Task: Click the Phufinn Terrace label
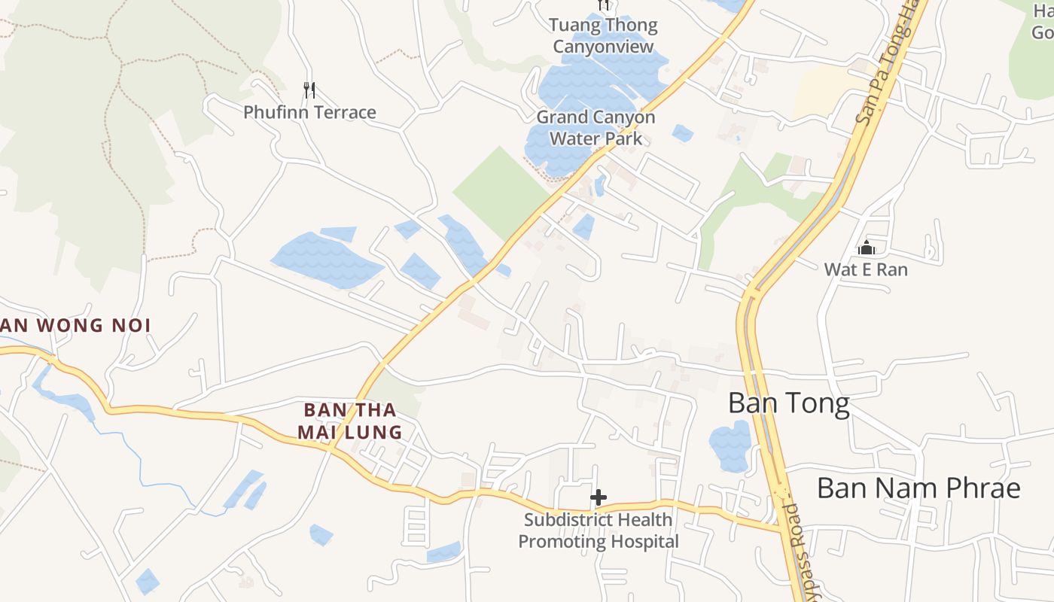click(x=309, y=113)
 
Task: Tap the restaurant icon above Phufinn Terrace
click(x=309, y=90)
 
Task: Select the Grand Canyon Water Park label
click(x=596, y=128)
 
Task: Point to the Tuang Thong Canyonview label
click(x=604, y=35)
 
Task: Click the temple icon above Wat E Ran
click(x=866, y=248)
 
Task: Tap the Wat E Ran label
click(x=866, y=269)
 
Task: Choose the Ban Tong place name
click(x=788, y=404)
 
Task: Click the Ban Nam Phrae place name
click(x=918, y=488)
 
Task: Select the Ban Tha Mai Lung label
click(x=349, y=421)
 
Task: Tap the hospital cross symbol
click(x=599, y=497)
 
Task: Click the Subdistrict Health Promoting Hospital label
click(x=599, y=531)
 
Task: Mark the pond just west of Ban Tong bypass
click(x=730, y=445)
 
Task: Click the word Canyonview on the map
click(x=604, y=47)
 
